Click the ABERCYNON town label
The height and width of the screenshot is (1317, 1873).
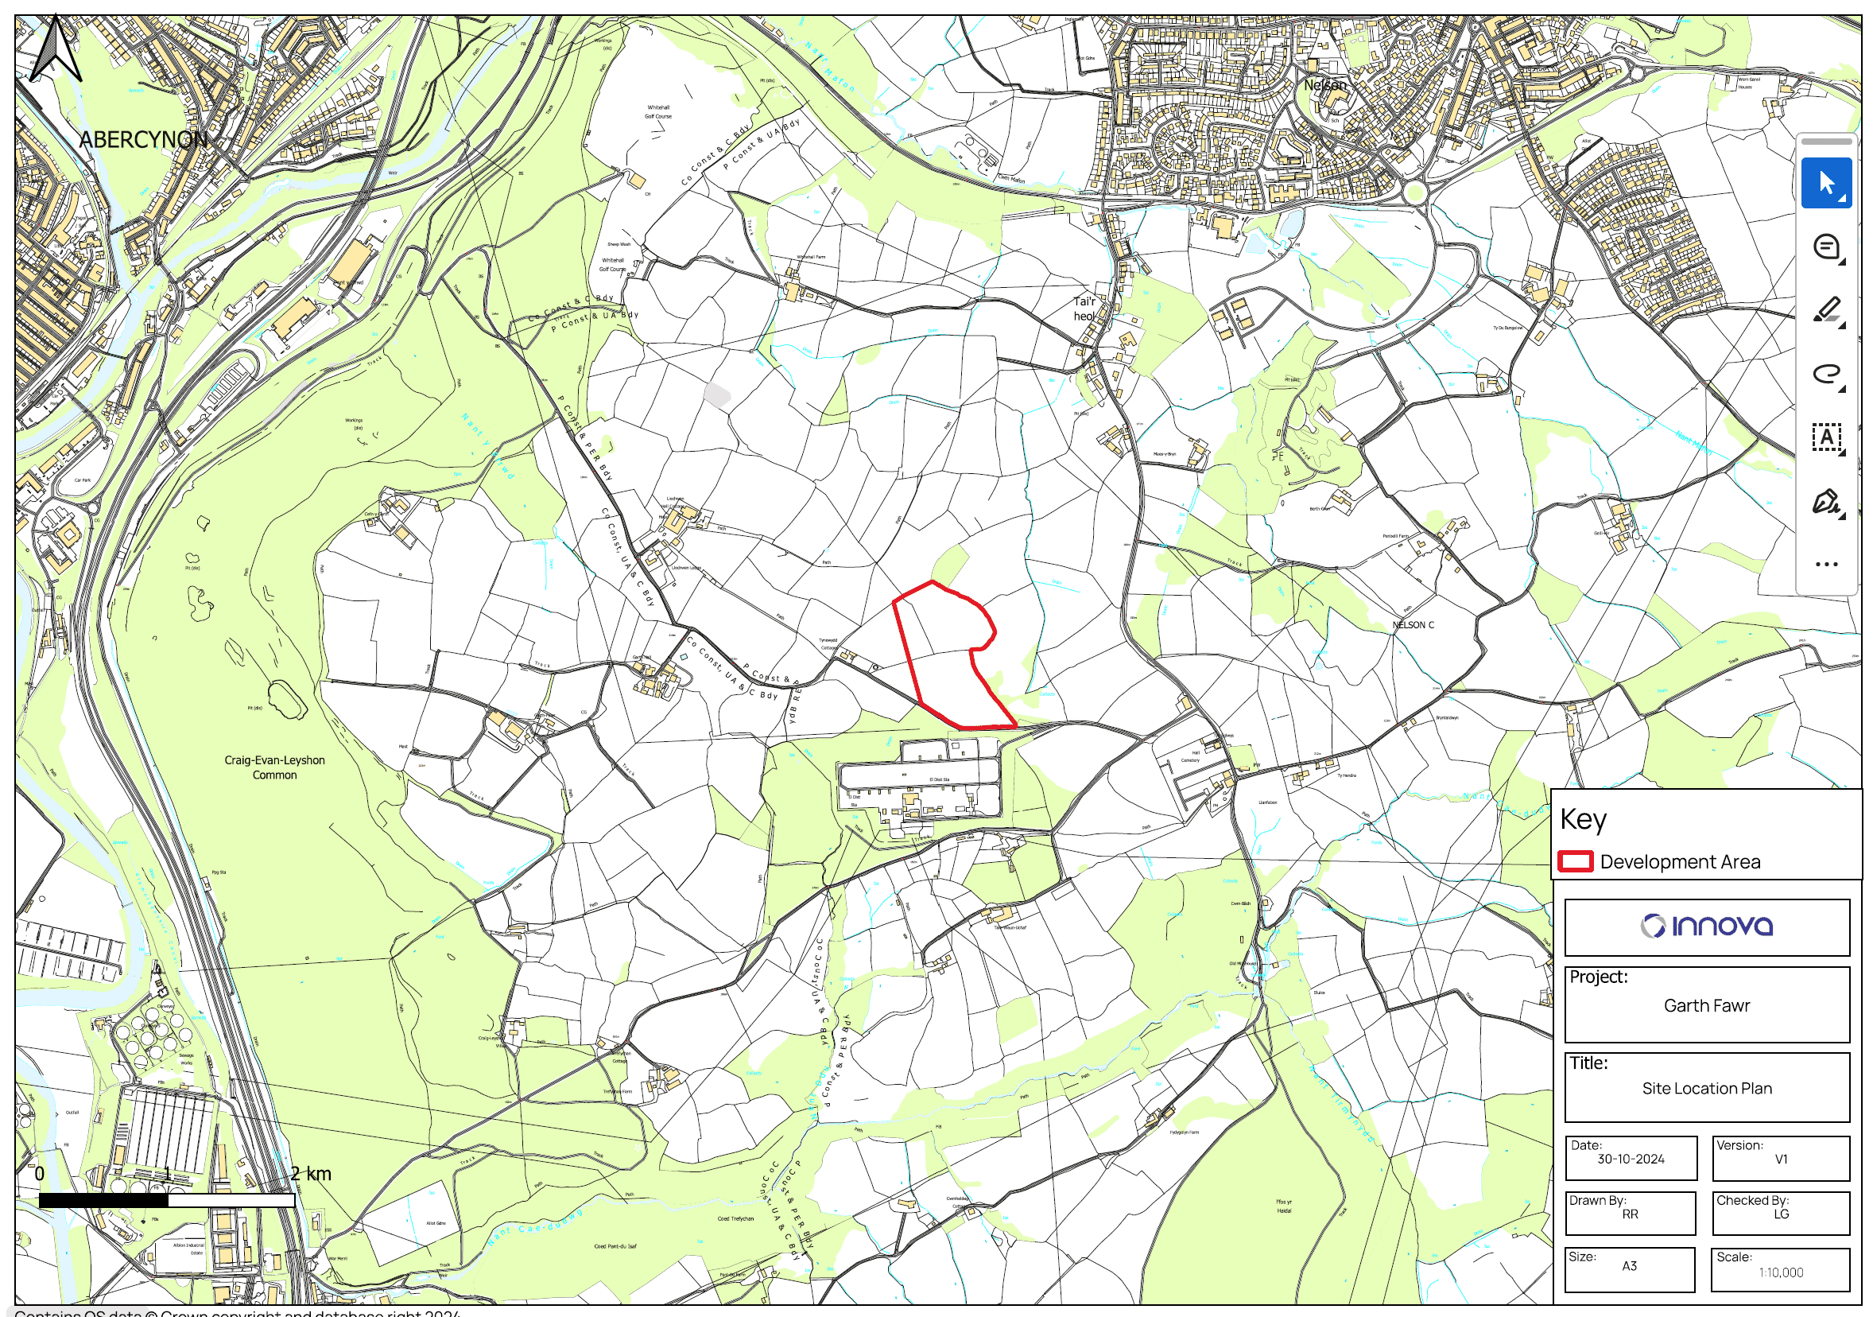tap(143, 140)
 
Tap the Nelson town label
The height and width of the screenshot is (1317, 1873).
tap(1324, 85)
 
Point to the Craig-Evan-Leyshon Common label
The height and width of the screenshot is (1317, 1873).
tap(274, 767)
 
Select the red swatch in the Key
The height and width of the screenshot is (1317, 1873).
tap(1574, 861)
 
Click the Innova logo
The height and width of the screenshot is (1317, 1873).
tap(1707, 927)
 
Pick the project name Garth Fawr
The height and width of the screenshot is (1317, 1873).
tap(1707, 1005)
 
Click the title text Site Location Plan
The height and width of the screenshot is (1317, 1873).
tap(1707, 1088)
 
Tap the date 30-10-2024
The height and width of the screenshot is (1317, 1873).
tap(1631, 1159)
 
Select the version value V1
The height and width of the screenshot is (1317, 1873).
tap(1781, 1159)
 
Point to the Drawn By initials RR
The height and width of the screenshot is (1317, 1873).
tap(1630, 1214)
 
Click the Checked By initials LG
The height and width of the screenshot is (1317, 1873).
tap(1781, 1214)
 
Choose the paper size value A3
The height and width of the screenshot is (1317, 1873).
tap(1629, 1265)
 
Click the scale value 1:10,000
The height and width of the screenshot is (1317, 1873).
tap(1781, 1272)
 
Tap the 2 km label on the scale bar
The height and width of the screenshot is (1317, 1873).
tap(311, 1174)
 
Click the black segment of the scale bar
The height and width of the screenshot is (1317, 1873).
tap(103, 1200)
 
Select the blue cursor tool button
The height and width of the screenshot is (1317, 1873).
tap(1825, 184)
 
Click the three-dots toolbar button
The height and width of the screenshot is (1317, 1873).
tap(1825, 564)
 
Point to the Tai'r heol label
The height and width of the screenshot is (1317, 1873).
tap(1084, 309)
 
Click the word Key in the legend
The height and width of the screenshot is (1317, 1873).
tap(1583, 819)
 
